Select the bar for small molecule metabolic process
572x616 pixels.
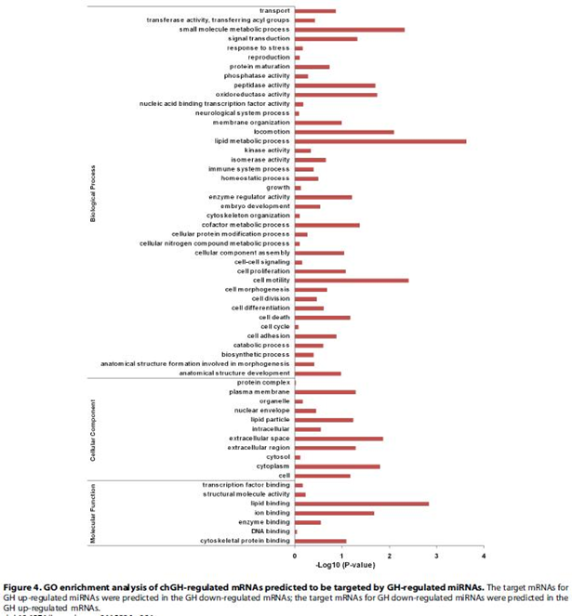pos(349,30)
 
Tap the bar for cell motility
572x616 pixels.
pos(351,280)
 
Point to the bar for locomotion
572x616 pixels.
pos(343,132)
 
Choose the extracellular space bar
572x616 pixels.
pos(339,439)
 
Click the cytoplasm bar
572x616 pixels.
pos(337,466)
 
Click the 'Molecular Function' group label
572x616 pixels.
pos(93,513)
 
